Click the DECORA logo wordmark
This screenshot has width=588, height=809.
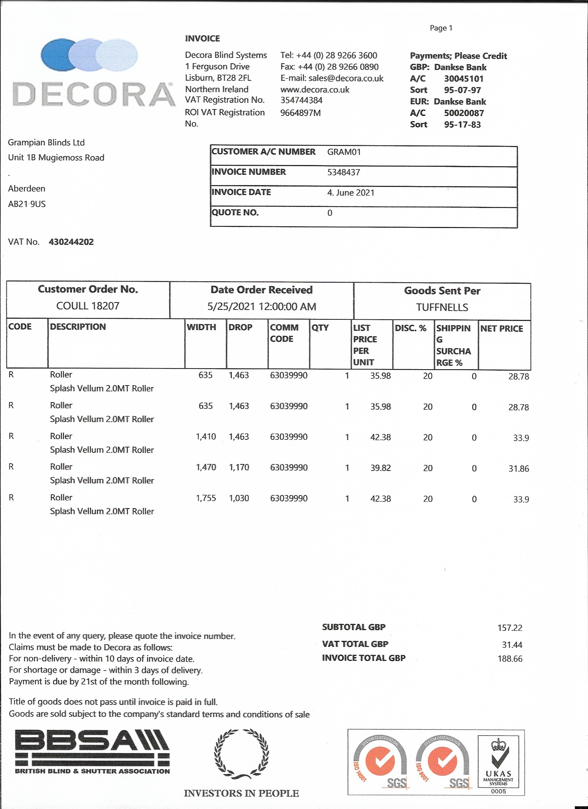click(93, 94)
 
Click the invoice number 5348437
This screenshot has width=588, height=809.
click(343, 172)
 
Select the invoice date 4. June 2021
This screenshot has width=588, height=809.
click(350, 193)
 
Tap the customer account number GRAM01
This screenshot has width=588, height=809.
click(344, 152)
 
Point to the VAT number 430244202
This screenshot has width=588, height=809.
click(71, 242)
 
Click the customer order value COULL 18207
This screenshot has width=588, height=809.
click(88, 306)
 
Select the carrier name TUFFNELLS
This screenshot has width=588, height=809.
click(442, 307)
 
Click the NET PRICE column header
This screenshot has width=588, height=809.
click(501, 328)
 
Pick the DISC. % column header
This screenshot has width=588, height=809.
click(410, 328)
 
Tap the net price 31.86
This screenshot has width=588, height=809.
click(518, 469)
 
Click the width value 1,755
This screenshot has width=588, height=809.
click(206, 498)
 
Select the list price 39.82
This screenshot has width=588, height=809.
click(380, 467)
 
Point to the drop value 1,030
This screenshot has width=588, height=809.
click(239, 498)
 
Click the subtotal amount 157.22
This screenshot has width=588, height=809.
click(509, 628)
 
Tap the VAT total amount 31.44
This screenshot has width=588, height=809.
click(512, 645)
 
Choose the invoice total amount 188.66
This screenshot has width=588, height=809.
click(509, 658)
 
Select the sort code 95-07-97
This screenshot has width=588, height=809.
click(462, 90)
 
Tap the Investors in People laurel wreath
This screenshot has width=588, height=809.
click(241, 753)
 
